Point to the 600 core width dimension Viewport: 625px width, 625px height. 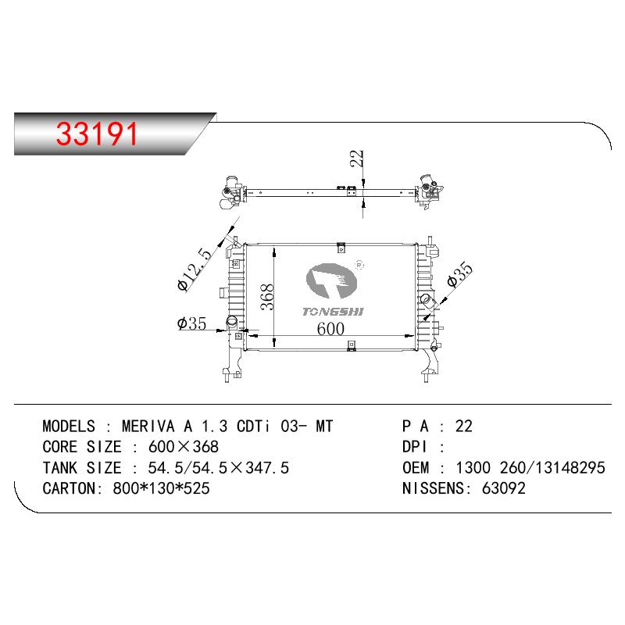330,328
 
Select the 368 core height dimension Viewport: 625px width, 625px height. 266,297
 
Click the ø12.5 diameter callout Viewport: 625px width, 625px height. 194,270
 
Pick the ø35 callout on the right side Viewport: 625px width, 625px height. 459,274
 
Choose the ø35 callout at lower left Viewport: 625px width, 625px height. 191,323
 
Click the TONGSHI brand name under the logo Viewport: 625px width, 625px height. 334,311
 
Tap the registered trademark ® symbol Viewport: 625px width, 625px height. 359,265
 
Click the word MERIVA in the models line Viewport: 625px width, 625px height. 148,426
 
